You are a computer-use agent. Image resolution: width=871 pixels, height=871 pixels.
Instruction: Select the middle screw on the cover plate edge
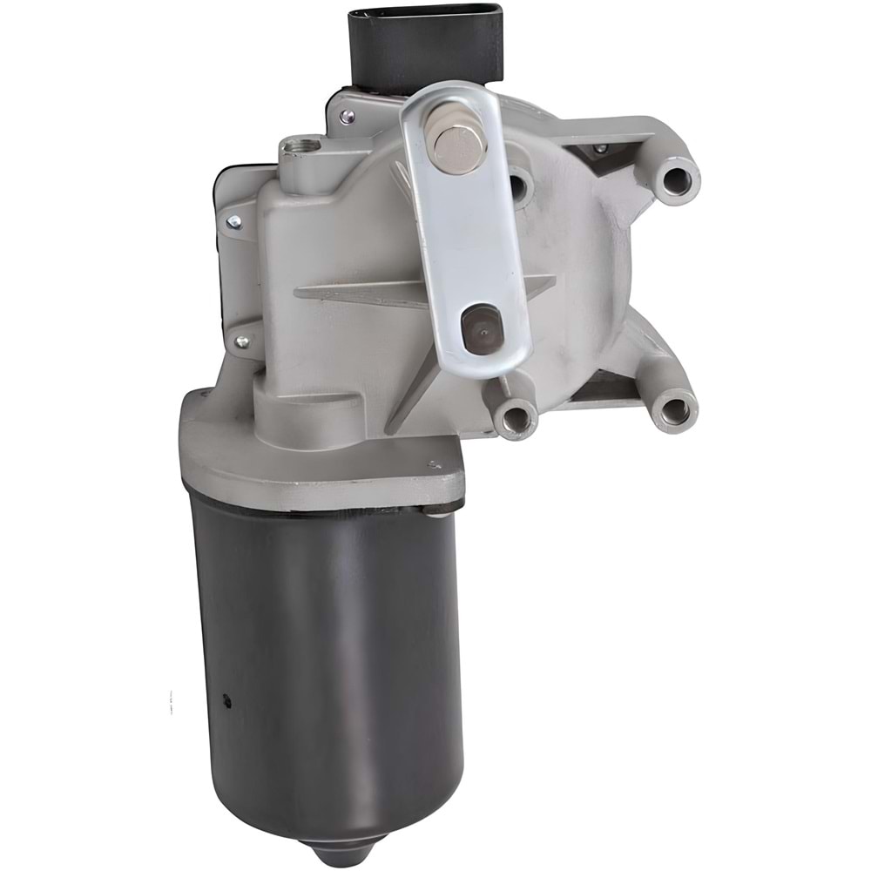click(233, 221)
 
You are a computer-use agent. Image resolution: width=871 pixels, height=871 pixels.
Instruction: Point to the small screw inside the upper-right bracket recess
click(598, 150)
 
